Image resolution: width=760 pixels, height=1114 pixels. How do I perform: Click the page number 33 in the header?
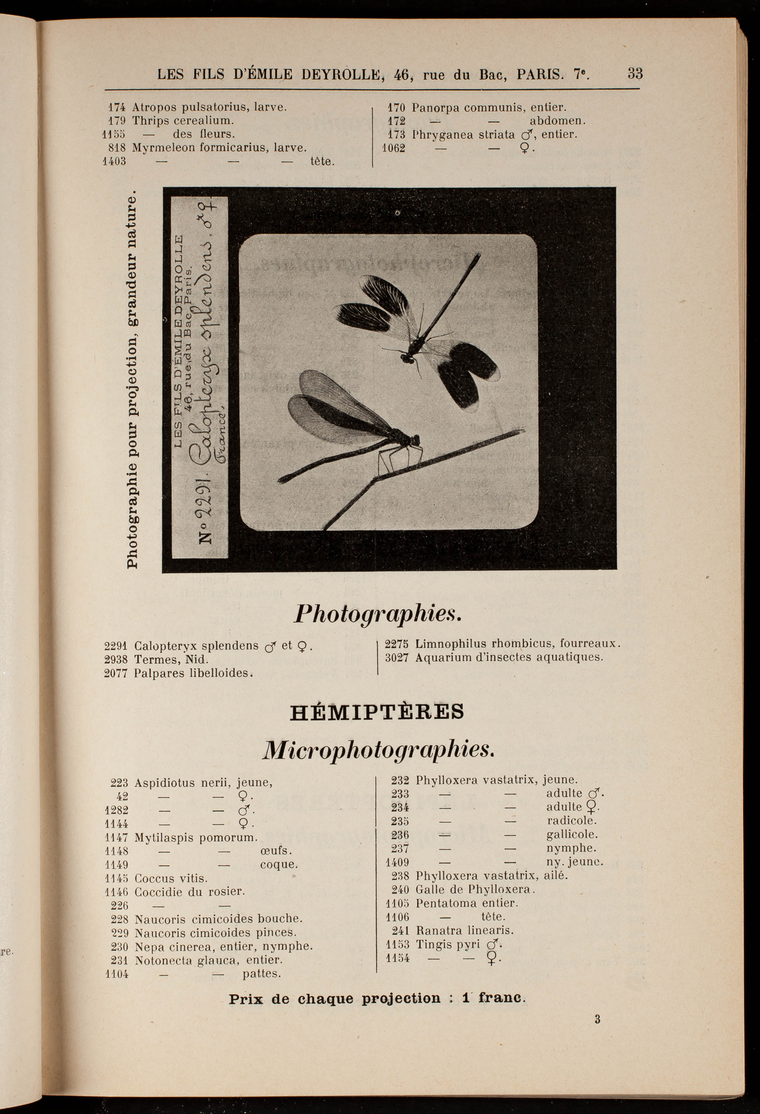[635, 74]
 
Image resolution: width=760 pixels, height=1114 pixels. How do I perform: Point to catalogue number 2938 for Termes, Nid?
[116, 660]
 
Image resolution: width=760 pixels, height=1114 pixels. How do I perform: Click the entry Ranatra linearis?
[464, 930]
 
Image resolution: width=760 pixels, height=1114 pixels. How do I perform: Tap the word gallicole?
[572, 835]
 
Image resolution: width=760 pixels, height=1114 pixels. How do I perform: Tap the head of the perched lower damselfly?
[415, 440]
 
